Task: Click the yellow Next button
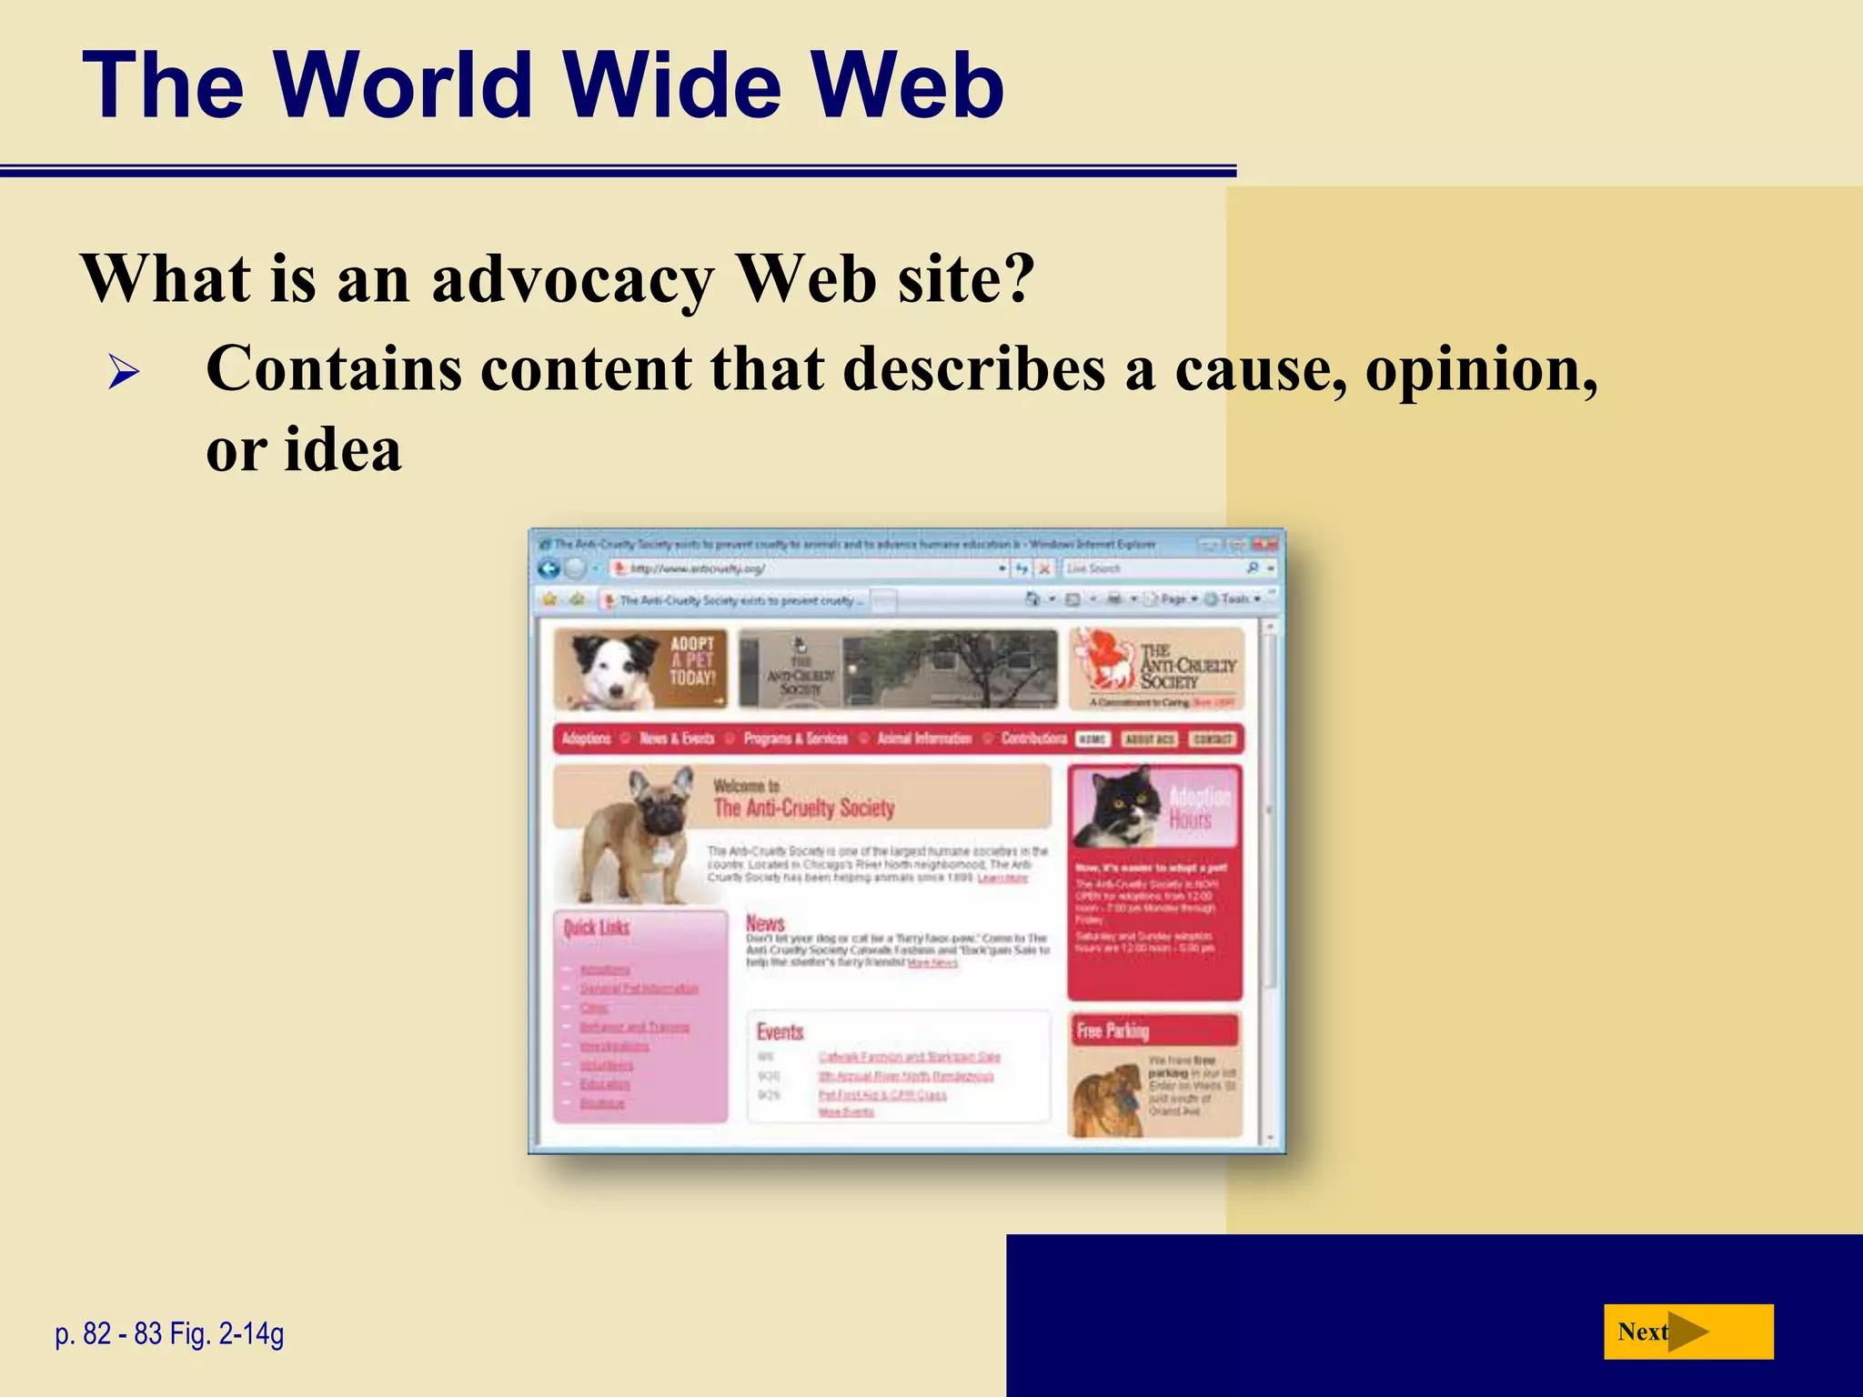coord(1687,1332)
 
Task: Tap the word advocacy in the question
coord(572,278)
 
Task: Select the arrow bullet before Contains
coord(123,373)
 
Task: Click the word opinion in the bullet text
coord(1481,369)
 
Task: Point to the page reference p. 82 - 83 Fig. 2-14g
coord(170,1333)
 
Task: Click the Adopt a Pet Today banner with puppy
coord(640,668)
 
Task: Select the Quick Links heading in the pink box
coord(597,928)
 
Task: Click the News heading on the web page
coord(765,922)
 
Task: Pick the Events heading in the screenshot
coord(780,1031)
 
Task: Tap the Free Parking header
coord(1113,1030)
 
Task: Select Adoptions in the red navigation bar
coord(586,739)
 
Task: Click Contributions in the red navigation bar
coord(1033,739)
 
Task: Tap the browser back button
coord(549,568)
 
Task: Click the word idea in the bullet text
coord(342,449)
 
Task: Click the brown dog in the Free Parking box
coord(1106,1101)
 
